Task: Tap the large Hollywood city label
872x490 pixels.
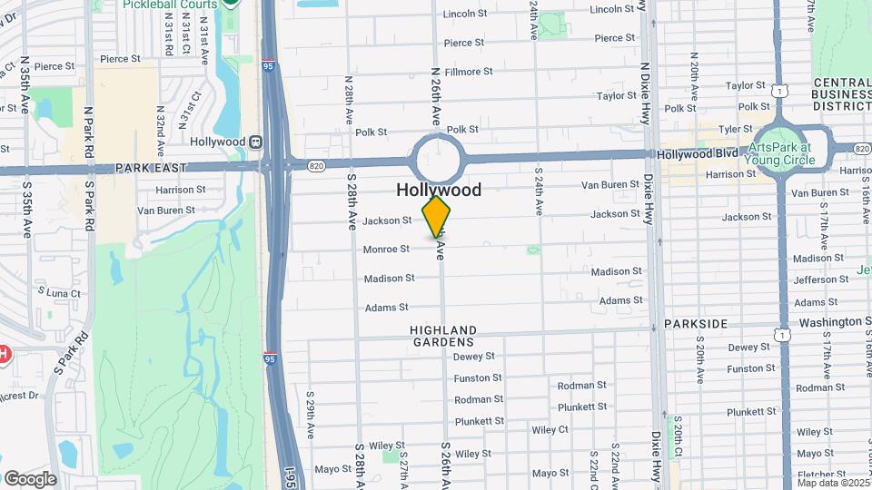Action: (x=439, y=190)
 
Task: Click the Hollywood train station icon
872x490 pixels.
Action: (x=256, y=142)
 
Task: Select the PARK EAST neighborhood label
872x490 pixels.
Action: (x=151, y=168)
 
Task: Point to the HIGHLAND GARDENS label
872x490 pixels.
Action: (x=442, y=336)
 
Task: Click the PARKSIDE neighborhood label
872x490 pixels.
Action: (x=696, y=324)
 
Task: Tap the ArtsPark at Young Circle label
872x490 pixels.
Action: (x=782, y=154)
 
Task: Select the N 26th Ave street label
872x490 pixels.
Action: (x=436, y=96)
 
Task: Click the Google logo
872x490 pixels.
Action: (x=30, y=478)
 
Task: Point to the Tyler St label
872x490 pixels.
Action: (x=736, y=129)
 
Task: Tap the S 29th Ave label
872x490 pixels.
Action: (x=310, y=399)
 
